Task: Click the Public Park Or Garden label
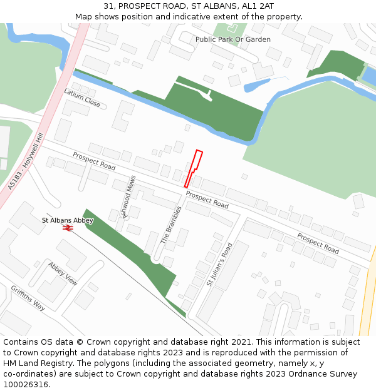[232, 39]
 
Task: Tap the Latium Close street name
[82, 97]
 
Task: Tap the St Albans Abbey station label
[68, 220]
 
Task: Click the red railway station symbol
[68, 228]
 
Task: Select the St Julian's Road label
[219, 264]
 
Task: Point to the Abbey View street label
[63, 273]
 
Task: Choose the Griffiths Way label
[28, 298]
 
